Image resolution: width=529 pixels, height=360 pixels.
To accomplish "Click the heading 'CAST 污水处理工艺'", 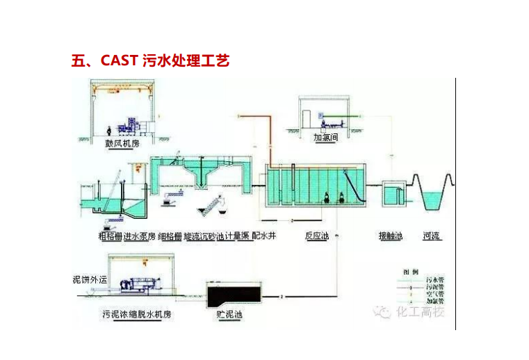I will (x=150, y=60).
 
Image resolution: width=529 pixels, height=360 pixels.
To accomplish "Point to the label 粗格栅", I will (x=110, y=236).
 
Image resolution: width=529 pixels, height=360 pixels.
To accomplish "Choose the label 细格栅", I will (x=170, y=236).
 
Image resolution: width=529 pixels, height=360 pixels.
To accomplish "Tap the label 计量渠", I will (x=237, y=236).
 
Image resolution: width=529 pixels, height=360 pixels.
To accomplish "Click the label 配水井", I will (x=264, y=236).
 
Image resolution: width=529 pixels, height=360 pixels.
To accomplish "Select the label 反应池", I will (x=316, y=236).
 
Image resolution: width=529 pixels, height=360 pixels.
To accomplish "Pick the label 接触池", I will (x=391, y=236).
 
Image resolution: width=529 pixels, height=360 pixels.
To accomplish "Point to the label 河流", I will (x=434, y=236).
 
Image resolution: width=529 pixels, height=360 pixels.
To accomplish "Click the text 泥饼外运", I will (x=90, y=279).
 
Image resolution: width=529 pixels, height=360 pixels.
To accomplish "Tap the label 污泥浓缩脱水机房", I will (x=136, y=314).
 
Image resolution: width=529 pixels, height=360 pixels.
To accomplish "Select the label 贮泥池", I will (x=229, y=314).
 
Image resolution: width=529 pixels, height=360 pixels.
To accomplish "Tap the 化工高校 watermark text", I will (x=420, y=311).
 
